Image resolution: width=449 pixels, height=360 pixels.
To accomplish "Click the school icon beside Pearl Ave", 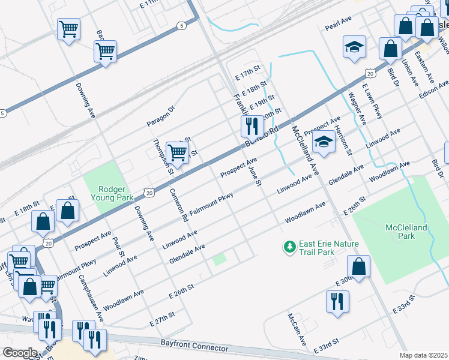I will (354, 47).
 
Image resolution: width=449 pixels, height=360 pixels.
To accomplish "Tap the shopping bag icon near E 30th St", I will (358, 268).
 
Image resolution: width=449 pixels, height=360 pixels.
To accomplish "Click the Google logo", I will (19, 353).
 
